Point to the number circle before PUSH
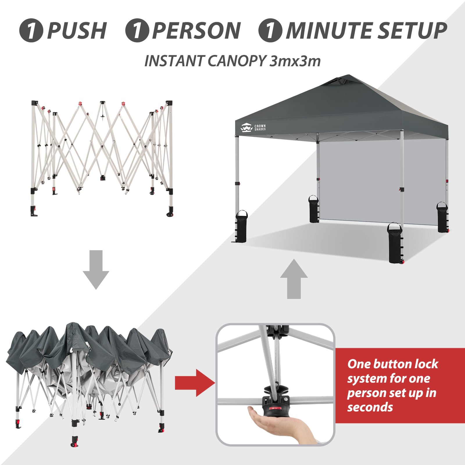coord(31,31)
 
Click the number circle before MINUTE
coord(270,31)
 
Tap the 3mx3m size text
coord(295,61)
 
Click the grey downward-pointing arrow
coord(96,269)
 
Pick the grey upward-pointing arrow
coord(294,279)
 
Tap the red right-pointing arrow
coord(195,383)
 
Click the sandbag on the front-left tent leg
coord(241,227)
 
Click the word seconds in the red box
coord(370,407)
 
